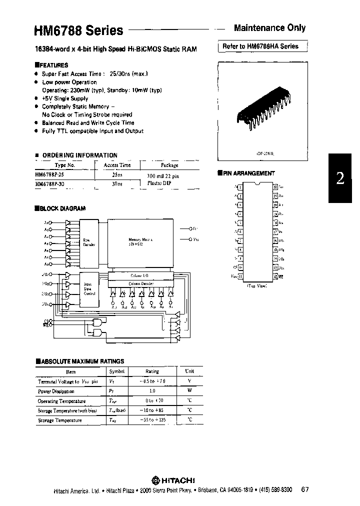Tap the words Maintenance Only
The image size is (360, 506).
269,28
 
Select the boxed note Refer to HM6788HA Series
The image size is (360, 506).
261,46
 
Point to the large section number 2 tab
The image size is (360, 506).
340,178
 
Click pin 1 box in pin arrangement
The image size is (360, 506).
240,187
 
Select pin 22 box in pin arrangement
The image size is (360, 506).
275,187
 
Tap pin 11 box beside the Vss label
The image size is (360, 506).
240,276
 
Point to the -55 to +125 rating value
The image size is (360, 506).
151,420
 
